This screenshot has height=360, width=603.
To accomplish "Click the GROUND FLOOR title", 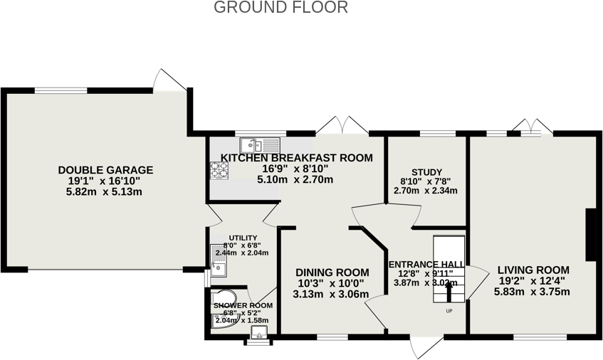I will [x=280, y=8].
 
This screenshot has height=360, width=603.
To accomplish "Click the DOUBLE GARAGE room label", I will [x=105, y=170].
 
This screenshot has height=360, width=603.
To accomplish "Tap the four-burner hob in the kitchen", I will [x=219, y=169].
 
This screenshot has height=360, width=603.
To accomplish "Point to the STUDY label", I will [x=426, y=172].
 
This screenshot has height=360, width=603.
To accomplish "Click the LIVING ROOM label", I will [x=533, y=270].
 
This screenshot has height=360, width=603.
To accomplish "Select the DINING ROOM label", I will [x=332, y=272].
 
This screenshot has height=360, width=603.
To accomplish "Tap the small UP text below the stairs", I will [x=449, y=311].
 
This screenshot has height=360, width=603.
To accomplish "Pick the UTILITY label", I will [x=243, y=238].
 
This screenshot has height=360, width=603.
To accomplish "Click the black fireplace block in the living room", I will [x=589, y=235].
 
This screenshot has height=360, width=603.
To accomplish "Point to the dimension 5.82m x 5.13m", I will [x=105, y=192].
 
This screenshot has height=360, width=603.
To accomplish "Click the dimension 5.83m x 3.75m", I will [x=533, y=292].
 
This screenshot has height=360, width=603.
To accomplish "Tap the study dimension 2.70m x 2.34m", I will [x=426, y=191].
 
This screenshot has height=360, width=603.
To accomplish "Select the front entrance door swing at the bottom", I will [x=425, y=346].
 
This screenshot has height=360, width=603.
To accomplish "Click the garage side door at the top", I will [x=172, y=80].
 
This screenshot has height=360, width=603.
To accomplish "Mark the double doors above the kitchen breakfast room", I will [x=342, y=125].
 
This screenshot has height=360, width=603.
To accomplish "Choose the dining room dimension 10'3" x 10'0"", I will [x=332, y=283].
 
